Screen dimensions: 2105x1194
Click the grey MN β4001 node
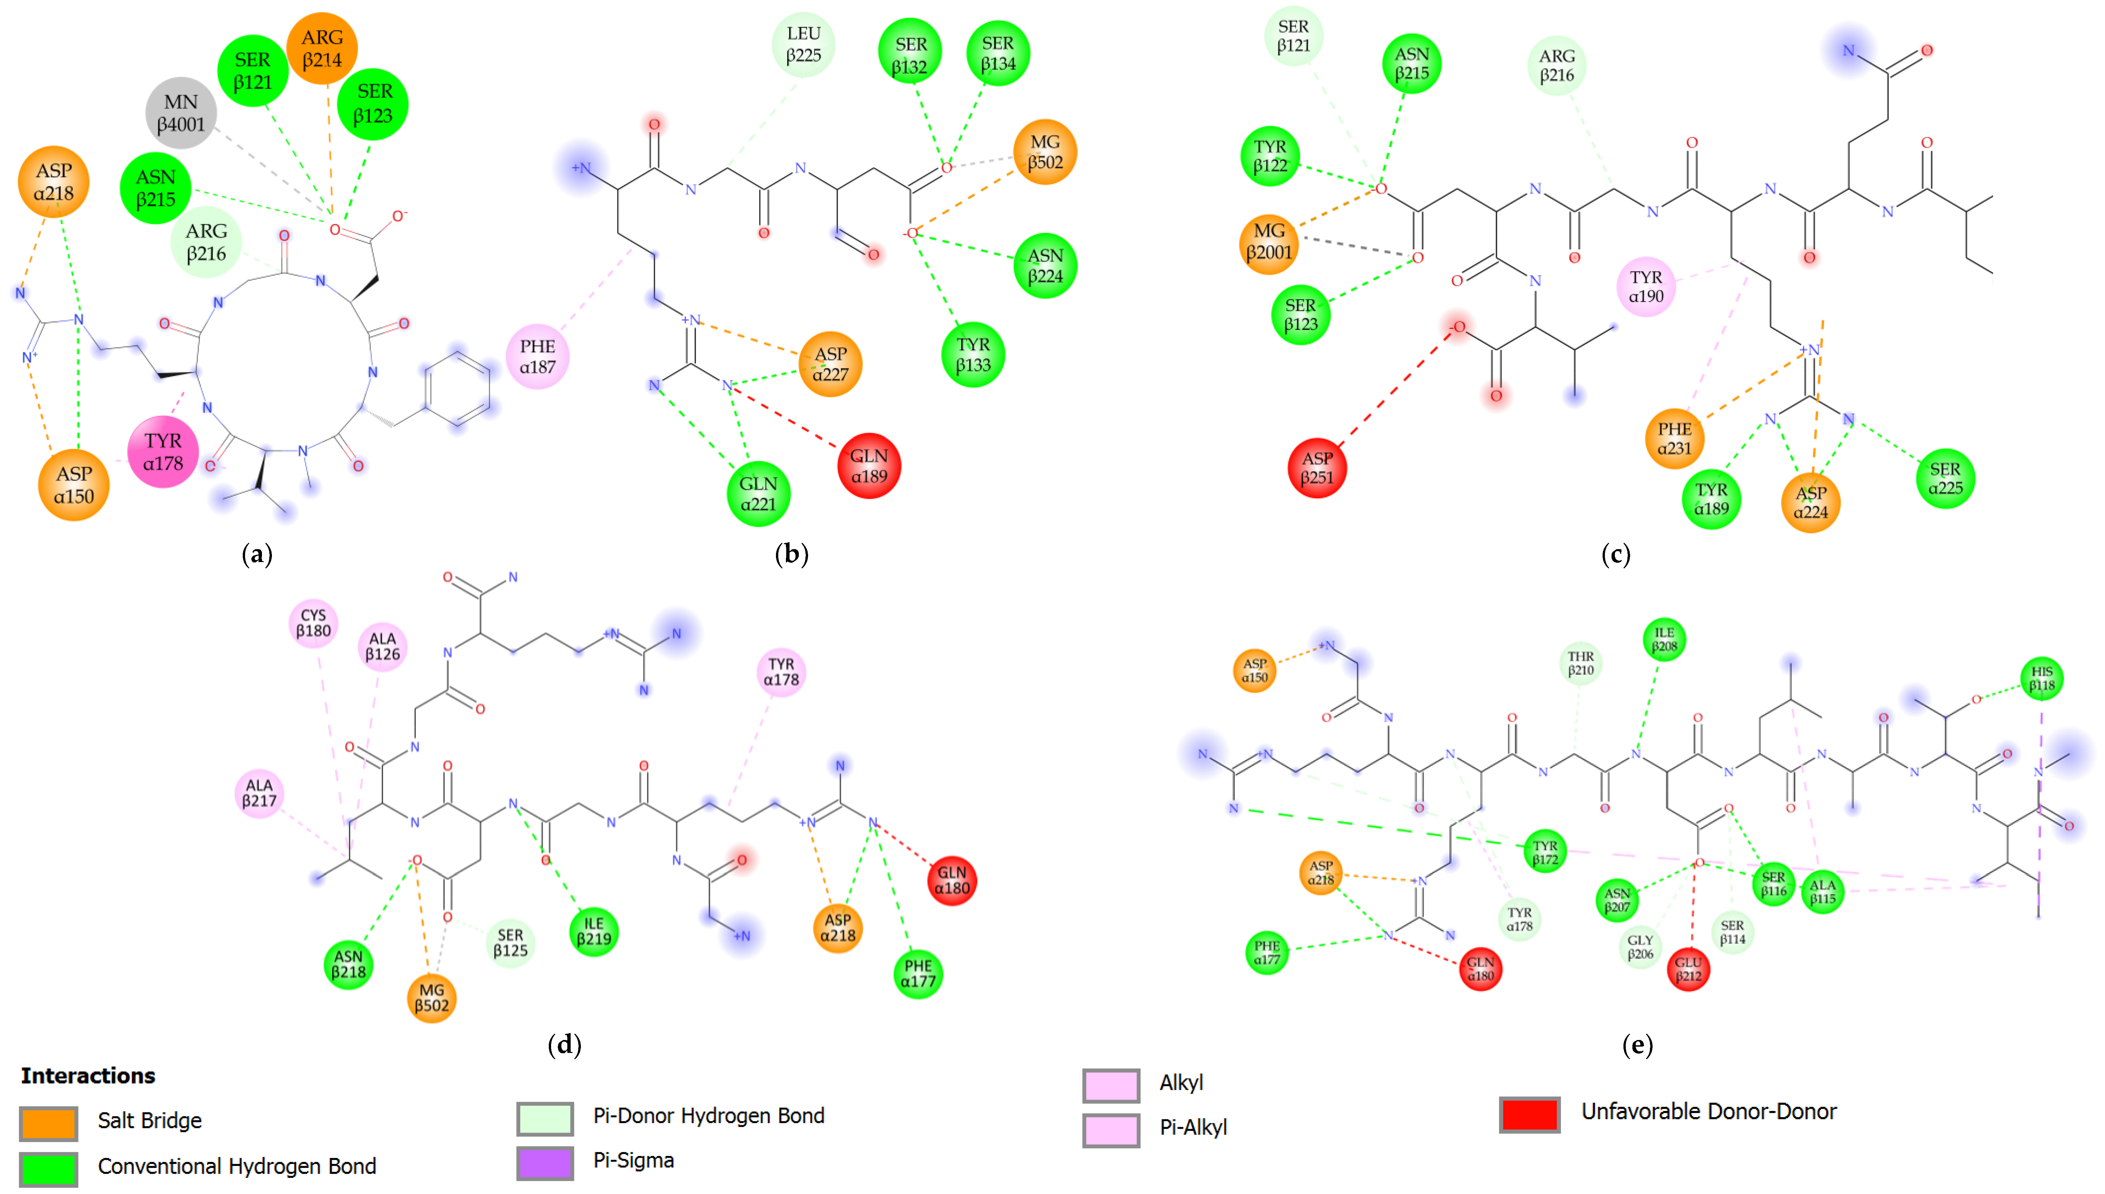point(181,113)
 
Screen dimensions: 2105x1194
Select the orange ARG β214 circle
point(322,48)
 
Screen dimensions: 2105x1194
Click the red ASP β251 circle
point(1317,468)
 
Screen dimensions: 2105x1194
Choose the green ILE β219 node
point(594,932)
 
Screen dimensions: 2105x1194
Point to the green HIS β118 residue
point(2042,679)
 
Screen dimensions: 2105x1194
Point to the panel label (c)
point(1616,554)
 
